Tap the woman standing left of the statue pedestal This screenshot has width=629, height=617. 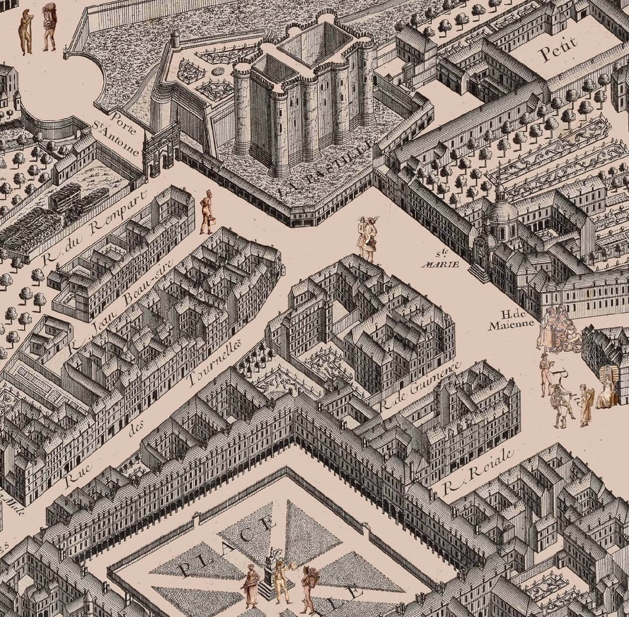250,585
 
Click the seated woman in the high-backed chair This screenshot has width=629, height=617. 607,388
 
